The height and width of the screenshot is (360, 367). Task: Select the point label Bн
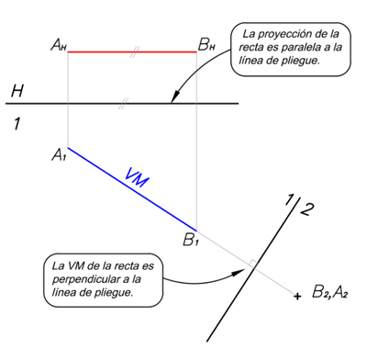(208, 42)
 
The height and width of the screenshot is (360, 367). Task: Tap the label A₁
(60, 155)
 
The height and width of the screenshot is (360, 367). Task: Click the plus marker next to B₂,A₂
(296, 296)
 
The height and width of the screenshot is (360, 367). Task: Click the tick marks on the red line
(134, 52)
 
